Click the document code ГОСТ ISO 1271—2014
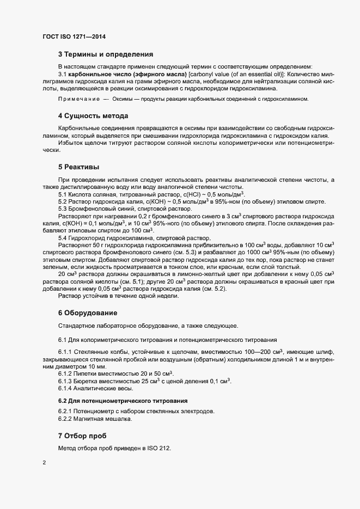pyautogui.click(x=74, y=36)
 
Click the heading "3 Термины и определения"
pyautogui.click(x=106, y=54)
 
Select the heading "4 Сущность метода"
pyautogui.click(x=93, y=116)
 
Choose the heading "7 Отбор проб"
pyautogui.click(x=82, y=436)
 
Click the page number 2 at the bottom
pyautogui.click(x=44, y=463)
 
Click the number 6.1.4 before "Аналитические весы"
pyautogui.click(x=65, y=389)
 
